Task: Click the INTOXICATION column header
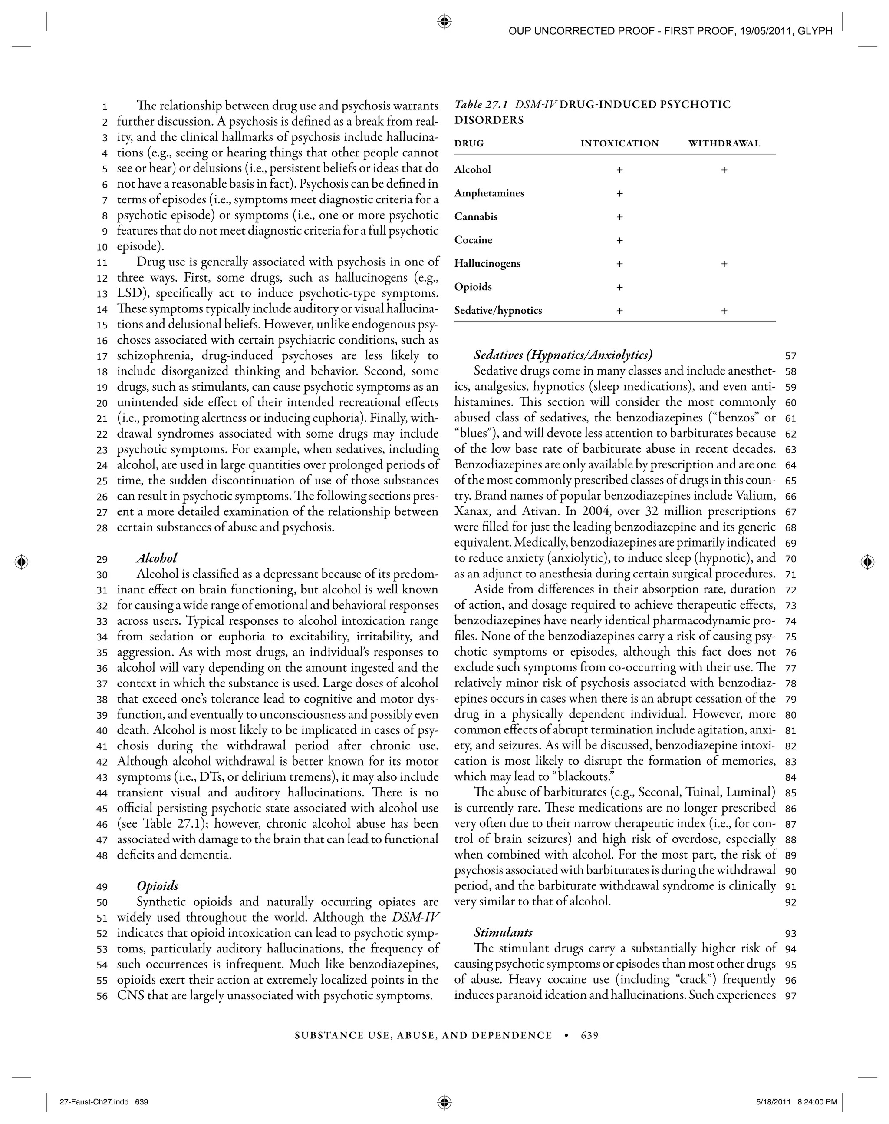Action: (619, 143)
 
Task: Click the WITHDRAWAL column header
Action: (724, 143)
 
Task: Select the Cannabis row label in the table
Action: (476, 217)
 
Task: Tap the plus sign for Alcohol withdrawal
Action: (724, 170)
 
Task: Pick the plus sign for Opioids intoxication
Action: (619, 288)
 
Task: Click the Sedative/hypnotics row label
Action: (498, 310)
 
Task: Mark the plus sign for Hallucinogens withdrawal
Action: (724, 264)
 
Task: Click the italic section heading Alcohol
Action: (157, 558)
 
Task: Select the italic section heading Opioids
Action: (157, 886)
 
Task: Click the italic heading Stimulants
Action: (503, 932)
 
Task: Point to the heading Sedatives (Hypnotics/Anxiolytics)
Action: (563, 355)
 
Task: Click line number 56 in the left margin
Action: (102, 996)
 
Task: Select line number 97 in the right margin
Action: (790, 996)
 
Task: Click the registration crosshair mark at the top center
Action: (444, 22)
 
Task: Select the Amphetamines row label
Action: (489, 193)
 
